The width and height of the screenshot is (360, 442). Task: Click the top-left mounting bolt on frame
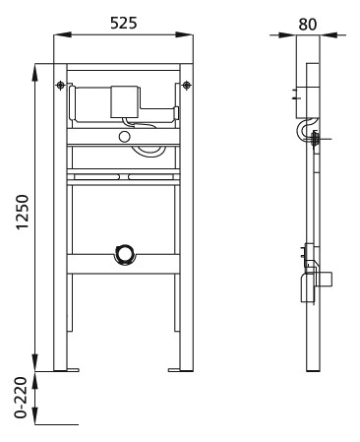pos(62,86)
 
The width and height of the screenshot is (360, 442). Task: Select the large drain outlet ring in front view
pos(123,254)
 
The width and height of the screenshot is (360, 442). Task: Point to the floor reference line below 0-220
pos(57,424)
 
